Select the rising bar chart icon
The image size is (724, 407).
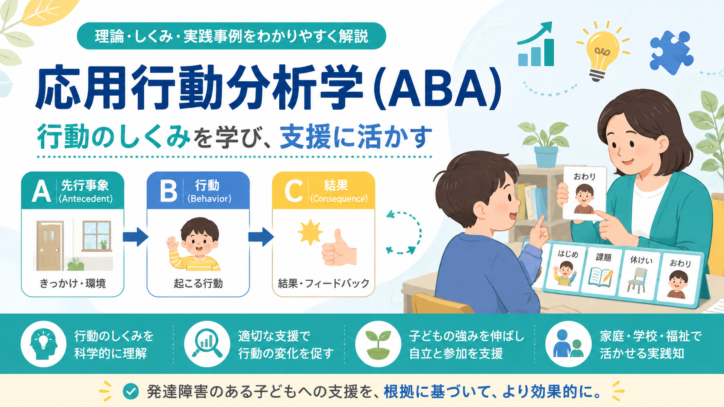pyautogui.click(x=535, y=45)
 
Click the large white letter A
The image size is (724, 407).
pyautogui.click(x=41, y=191)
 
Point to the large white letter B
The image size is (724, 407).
pyautogui.click(x=168, y=191)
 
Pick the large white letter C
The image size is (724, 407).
pyautogui.click(x=294, y=191)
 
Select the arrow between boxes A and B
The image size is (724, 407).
pyautogui.click(x=136, y=237)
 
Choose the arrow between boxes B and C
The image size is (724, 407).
pyautogui.click(x=261, y=237)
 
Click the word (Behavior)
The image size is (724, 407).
pyautogui.click(x=210, y=199)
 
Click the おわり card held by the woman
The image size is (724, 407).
pyautogui.click(x=584, y=193)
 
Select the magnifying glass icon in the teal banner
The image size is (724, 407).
pyautogui.click(x=207, y=343)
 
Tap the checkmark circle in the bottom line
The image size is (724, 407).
pyautogui.click(x=131, y=391)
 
